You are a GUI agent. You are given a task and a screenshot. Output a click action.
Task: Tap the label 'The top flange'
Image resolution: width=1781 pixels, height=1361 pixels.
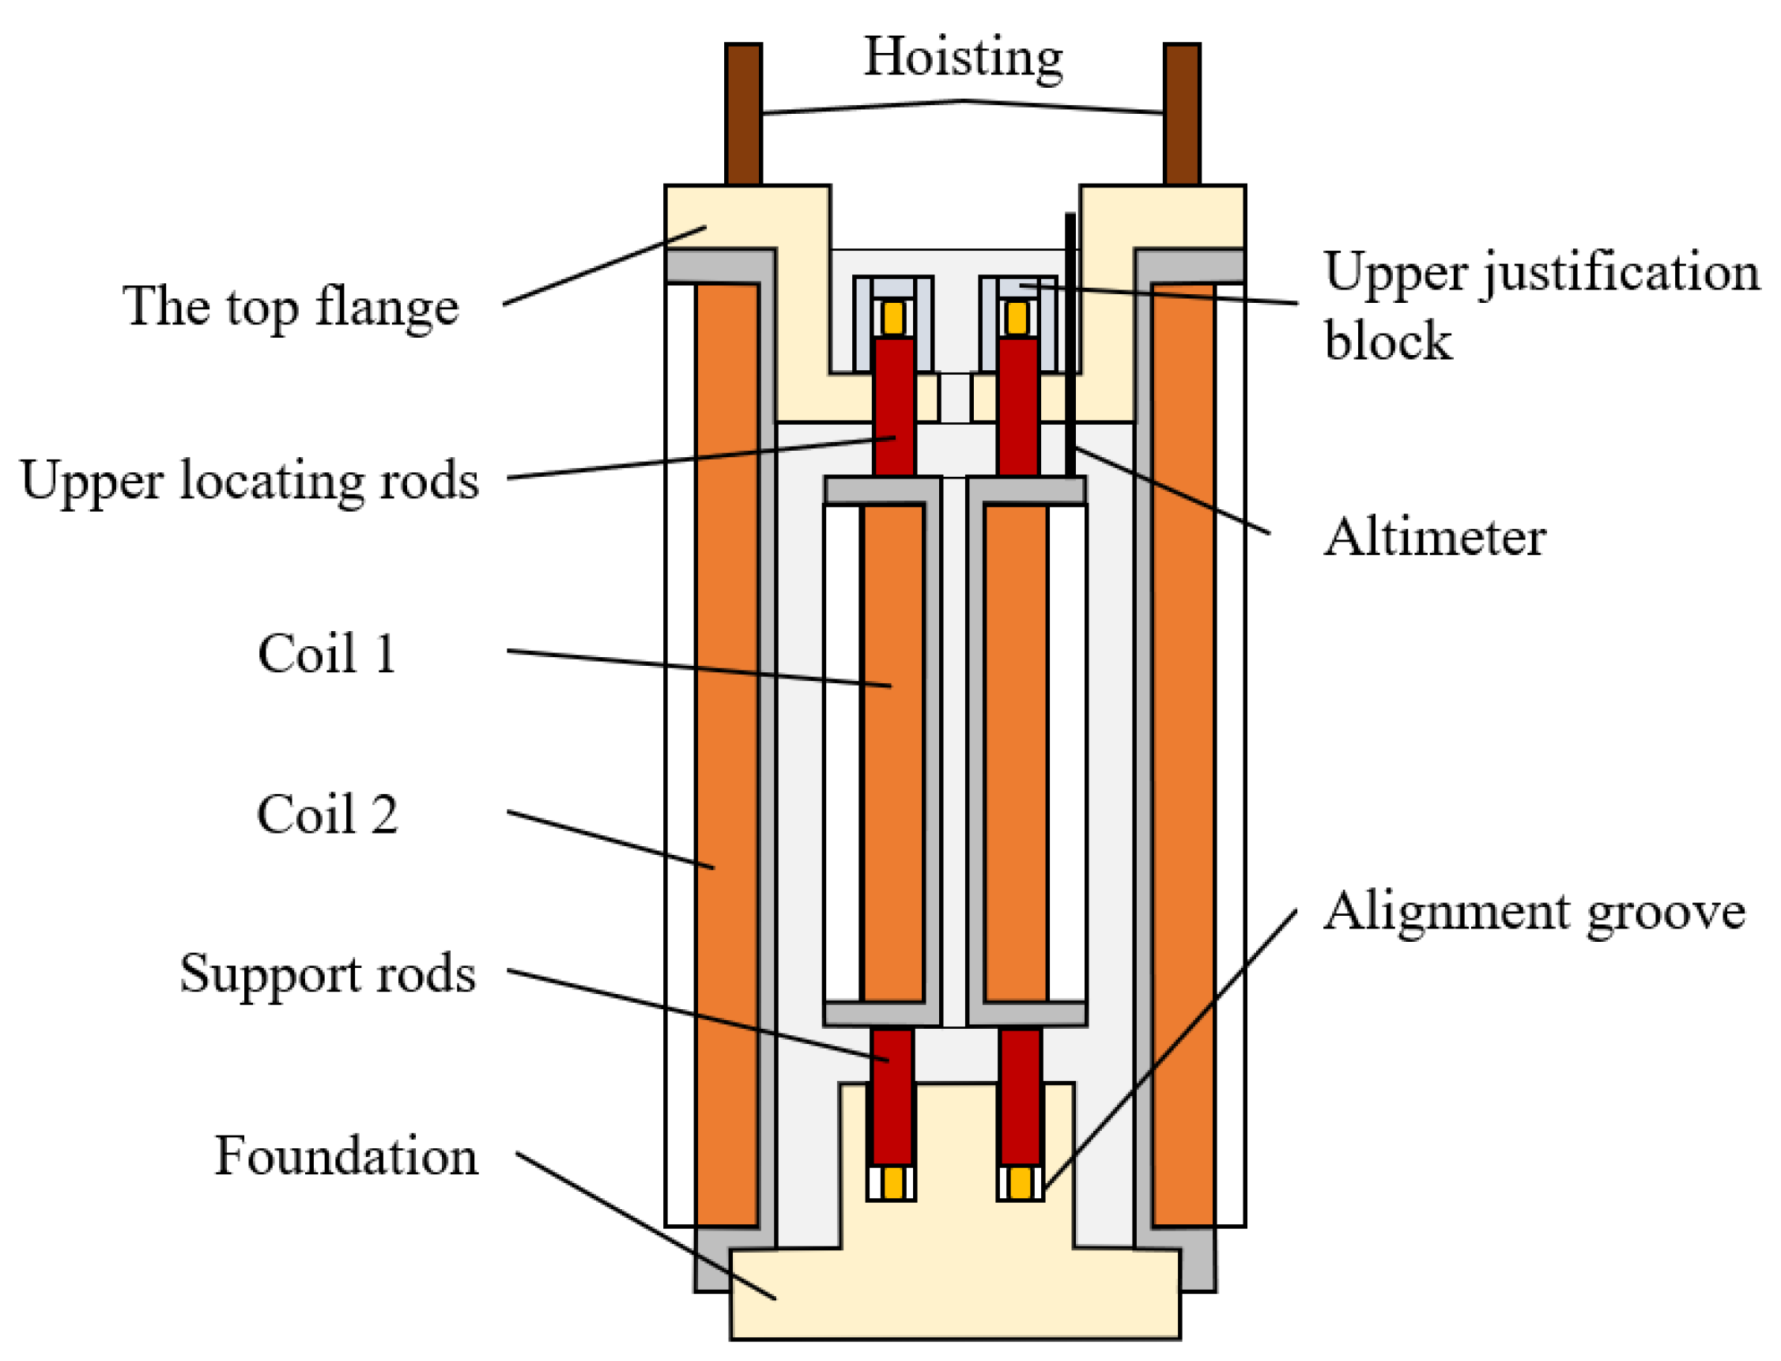click(x=290, y=307)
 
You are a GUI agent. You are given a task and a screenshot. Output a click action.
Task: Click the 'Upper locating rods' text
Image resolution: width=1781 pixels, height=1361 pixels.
click(x=250, y=480)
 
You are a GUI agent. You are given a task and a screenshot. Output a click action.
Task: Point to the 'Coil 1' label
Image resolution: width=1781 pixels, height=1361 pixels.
click(x=327, y=653)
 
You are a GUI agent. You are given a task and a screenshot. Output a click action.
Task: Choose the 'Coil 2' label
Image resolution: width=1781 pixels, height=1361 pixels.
click(x=327, y=815)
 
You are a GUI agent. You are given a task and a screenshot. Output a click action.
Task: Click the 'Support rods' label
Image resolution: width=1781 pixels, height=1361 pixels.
click(x=327, y=973)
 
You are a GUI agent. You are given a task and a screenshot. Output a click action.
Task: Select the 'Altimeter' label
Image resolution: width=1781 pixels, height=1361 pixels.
click(x=1433, y=537)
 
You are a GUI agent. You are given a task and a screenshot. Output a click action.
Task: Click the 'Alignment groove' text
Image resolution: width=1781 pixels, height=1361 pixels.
click(x=1533, y=911)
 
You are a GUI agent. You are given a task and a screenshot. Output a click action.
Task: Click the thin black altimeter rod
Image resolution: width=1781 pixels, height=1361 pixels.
click(x=1070, y=340)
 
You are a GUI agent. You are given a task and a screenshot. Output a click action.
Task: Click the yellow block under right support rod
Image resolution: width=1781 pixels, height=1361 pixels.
click(x=1020, y=1183)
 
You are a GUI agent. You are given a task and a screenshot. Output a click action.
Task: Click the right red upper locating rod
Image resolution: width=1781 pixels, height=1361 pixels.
click(x=1018, y=405)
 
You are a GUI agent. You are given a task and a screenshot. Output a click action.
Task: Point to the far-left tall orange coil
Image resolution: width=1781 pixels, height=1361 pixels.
click(x=726, y=754)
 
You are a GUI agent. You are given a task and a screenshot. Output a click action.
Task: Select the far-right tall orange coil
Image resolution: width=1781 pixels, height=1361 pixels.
click(x=1183, y=754)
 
